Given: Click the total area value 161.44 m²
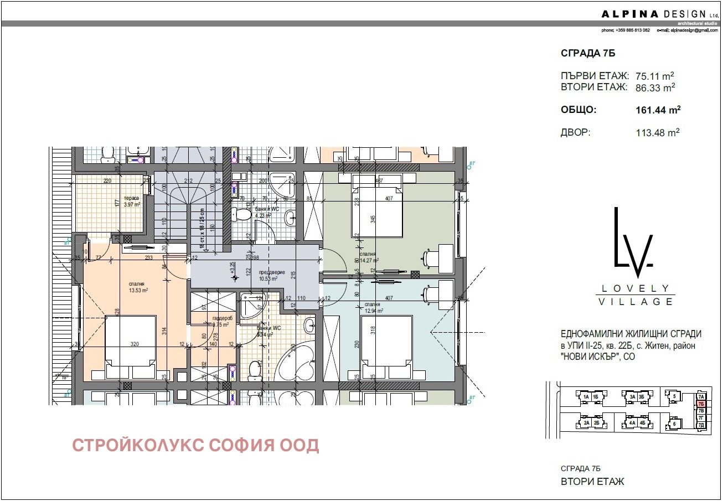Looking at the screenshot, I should [x=658, y=110].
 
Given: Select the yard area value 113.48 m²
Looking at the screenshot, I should [x=658, y=133].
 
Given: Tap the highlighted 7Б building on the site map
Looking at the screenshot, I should [x=701, y=404].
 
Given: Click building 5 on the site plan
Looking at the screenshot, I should [x=674, y=397].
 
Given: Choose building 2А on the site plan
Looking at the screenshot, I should [x=586, y=422].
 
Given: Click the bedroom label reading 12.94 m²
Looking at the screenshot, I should [x=372, y=307].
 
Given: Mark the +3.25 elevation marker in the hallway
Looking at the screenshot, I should [x=233, y=268].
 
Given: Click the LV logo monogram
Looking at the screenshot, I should [x=634, y=243].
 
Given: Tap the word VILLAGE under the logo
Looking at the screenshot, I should [x=636, y=302].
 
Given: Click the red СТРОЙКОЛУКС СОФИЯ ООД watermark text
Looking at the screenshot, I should [x=196, y=446].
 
